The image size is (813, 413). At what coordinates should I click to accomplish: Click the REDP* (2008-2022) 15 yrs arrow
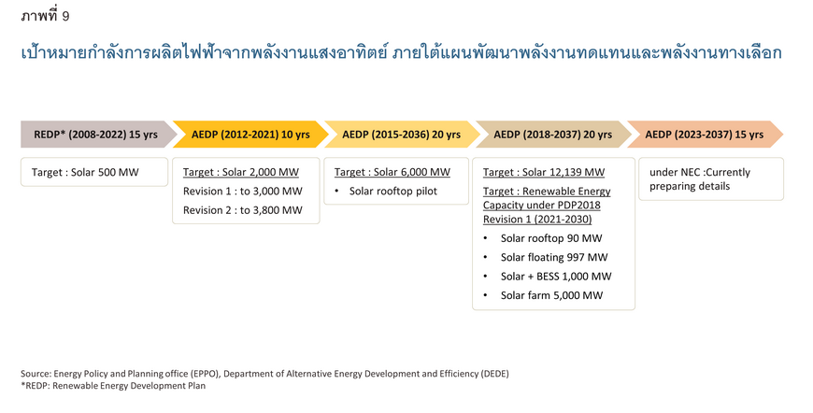98,135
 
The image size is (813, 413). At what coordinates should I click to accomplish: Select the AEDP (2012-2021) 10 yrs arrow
250,135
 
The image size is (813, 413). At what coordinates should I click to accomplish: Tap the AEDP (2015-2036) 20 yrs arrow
402,135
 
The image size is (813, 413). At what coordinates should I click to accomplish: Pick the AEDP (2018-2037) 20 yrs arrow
553,135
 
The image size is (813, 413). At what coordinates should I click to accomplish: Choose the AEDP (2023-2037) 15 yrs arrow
705,135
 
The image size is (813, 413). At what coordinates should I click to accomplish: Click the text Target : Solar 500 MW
85,173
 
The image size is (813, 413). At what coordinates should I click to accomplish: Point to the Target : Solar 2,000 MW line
241,173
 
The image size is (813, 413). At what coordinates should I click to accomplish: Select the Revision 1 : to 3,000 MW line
243,192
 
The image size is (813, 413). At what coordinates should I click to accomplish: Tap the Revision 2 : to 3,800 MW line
243,210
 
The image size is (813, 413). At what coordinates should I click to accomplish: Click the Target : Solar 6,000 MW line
392,173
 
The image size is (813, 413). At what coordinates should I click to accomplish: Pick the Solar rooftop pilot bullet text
393,192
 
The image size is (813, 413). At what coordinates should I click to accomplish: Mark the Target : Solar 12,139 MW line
544,173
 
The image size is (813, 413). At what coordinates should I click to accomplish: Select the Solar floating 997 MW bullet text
554,258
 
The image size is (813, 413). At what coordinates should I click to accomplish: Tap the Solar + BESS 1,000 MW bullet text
556,277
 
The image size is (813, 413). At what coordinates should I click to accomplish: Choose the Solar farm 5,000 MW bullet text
551,295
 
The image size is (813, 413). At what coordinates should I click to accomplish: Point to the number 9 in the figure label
65,17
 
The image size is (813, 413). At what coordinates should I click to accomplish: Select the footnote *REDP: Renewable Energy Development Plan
113,386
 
